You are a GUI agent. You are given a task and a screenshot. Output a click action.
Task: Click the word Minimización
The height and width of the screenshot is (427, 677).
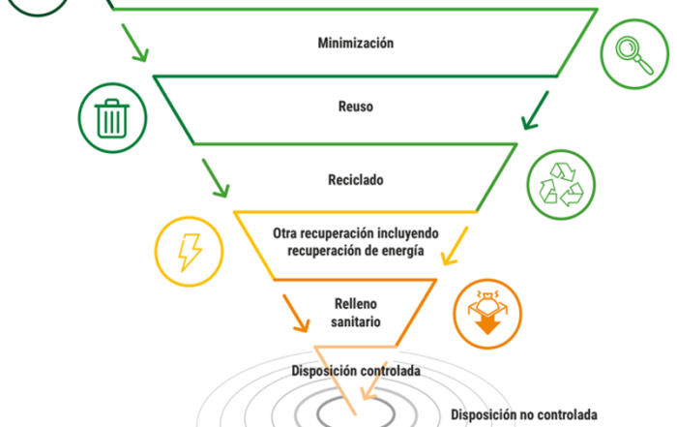tap(356, 43)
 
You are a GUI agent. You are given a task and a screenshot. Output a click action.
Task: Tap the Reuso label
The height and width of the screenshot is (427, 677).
tap(356, 107)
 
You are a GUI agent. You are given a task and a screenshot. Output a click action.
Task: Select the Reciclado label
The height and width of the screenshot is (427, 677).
tap(356, 180)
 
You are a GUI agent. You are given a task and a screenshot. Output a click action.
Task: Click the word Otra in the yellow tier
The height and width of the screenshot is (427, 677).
tap(284, 233)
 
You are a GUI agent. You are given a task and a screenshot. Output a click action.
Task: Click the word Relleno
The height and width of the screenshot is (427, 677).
tap(356, 304)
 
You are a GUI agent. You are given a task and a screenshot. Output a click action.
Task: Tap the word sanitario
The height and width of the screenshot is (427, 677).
tap(356, 322)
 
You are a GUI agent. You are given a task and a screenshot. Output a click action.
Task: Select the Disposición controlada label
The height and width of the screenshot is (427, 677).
tap(356, 371)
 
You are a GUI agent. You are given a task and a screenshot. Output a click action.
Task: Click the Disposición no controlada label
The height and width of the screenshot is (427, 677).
tap(524, 415)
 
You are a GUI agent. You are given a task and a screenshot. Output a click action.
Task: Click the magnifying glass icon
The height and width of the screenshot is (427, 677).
tap(634, 55)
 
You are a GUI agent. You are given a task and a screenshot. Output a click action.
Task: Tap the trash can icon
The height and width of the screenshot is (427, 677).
tap(112, 118)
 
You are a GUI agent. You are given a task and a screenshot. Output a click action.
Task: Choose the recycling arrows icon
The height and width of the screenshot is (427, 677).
tap(561, 185)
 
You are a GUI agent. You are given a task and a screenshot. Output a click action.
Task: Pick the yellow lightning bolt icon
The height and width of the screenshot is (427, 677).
tap(190, 253)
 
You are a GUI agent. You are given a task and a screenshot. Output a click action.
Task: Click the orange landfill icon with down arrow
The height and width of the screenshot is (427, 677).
tap(487, 314)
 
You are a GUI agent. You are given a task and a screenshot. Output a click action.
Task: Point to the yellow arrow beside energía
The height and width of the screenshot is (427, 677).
tap(455, 246)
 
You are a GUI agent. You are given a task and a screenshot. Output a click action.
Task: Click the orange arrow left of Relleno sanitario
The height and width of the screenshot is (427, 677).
tap(296, 314)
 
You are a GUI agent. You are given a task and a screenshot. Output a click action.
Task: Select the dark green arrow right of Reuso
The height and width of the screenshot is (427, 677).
tap(535, 110)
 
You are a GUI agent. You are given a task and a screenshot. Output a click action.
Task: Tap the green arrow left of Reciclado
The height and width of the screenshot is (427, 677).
tap(216, 178)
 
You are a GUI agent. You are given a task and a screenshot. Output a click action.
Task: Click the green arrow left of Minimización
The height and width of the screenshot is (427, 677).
tap(135, 43)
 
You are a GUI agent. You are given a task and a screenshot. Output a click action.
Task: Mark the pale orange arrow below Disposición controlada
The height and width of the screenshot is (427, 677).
tap(374, 381)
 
